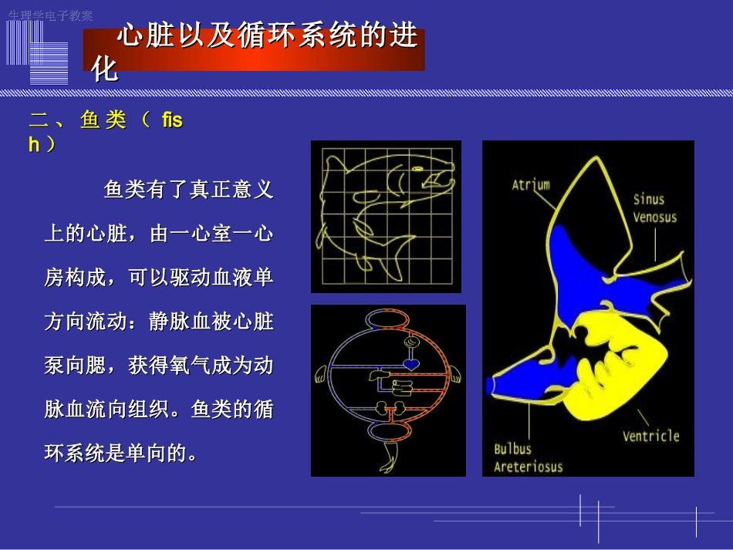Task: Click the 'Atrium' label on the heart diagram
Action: pos(531,184)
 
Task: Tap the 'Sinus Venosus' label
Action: pos(654,208)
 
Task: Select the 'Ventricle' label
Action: pos(650,436)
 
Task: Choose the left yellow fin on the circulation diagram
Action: pos(321,375)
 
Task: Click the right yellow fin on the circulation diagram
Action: pos(456,375)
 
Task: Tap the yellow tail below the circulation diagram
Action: pos(388,461)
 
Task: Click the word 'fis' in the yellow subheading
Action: pos(172,121)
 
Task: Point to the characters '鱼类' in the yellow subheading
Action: pos(103,121)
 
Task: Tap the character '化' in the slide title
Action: pos(105,69)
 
